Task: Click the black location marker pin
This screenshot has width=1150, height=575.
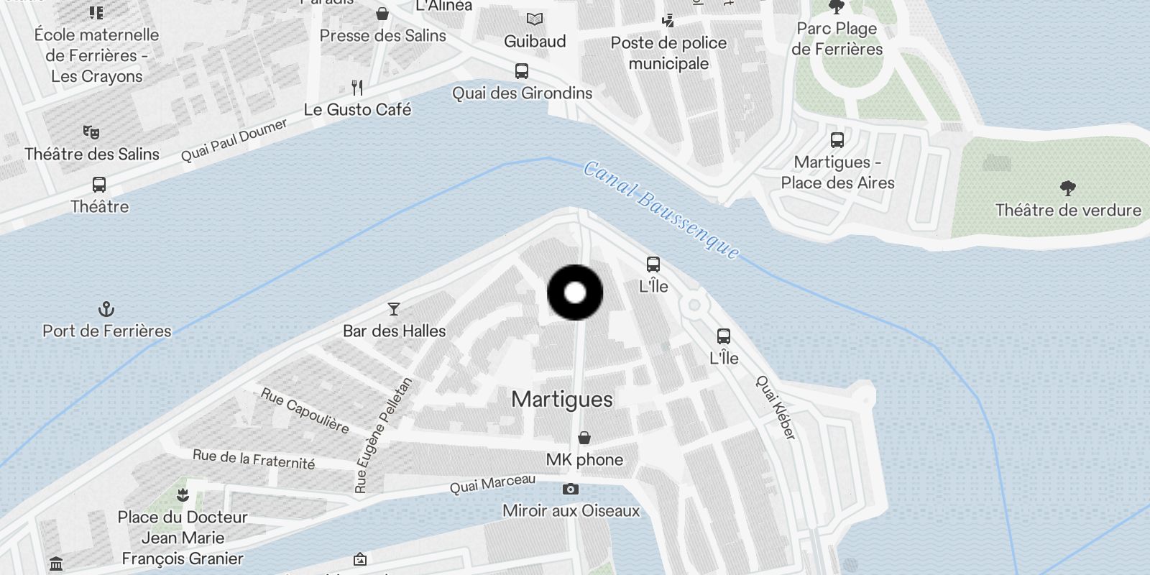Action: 575,293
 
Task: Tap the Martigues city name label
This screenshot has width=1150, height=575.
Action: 562,400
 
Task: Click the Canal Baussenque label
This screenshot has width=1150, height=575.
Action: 661,209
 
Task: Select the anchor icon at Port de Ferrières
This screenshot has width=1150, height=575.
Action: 106,310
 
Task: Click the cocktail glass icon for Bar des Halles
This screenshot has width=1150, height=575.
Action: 394,309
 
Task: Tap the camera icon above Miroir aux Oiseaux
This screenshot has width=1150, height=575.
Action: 571,489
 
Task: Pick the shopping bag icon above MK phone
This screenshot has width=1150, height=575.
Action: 585,438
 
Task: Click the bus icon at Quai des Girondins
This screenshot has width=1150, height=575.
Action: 522,71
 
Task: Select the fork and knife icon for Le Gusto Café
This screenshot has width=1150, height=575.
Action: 357,88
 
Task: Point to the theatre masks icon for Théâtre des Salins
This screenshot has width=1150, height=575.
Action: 91,132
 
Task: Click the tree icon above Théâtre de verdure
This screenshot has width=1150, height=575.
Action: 1068,188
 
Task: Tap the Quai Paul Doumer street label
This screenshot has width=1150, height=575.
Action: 234,140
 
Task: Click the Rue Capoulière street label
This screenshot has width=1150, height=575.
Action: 305,411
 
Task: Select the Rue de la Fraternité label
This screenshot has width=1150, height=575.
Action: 254,459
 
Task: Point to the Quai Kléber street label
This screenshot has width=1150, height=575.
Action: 776,408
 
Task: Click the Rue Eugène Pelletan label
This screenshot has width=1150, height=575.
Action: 384,435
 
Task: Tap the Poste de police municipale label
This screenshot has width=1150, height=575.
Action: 668,53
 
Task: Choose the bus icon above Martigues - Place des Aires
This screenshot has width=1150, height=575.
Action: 837,140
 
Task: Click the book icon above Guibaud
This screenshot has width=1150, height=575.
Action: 535,19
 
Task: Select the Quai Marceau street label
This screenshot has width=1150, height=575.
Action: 492,484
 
